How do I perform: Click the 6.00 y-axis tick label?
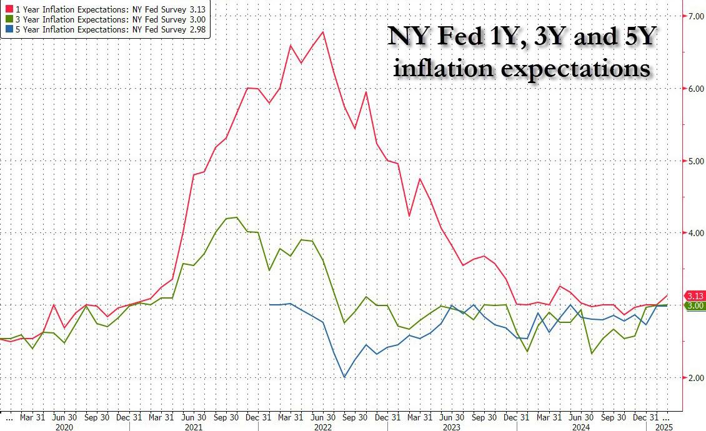695,88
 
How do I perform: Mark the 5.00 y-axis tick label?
695,161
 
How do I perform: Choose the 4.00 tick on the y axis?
695,233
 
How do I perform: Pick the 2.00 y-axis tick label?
695,378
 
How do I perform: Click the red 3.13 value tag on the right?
695,295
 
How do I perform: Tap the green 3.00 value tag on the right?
695,305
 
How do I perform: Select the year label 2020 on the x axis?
65,427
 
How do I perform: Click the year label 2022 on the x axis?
323,427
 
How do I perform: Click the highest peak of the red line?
323,32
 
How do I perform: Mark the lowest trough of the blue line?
344,377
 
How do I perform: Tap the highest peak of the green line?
236,217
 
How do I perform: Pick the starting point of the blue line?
269,305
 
